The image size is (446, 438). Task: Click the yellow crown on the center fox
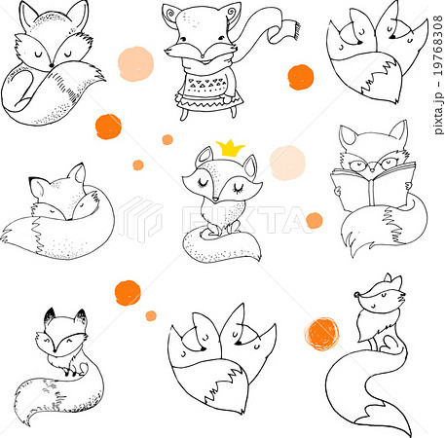(x=231, y=148)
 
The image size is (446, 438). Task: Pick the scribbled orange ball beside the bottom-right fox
(x=321, y=333)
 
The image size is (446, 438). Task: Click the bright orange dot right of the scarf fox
(x=301, y=76)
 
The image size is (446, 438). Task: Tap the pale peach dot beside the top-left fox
(x=135, y=63)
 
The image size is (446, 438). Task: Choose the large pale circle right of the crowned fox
(x=287, y=163)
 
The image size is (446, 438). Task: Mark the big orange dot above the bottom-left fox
(x=128, y=292)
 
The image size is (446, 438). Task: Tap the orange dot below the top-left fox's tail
(x=108, y=126)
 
